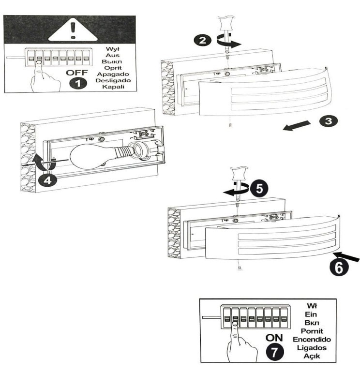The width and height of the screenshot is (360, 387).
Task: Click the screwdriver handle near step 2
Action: point(226,24)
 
